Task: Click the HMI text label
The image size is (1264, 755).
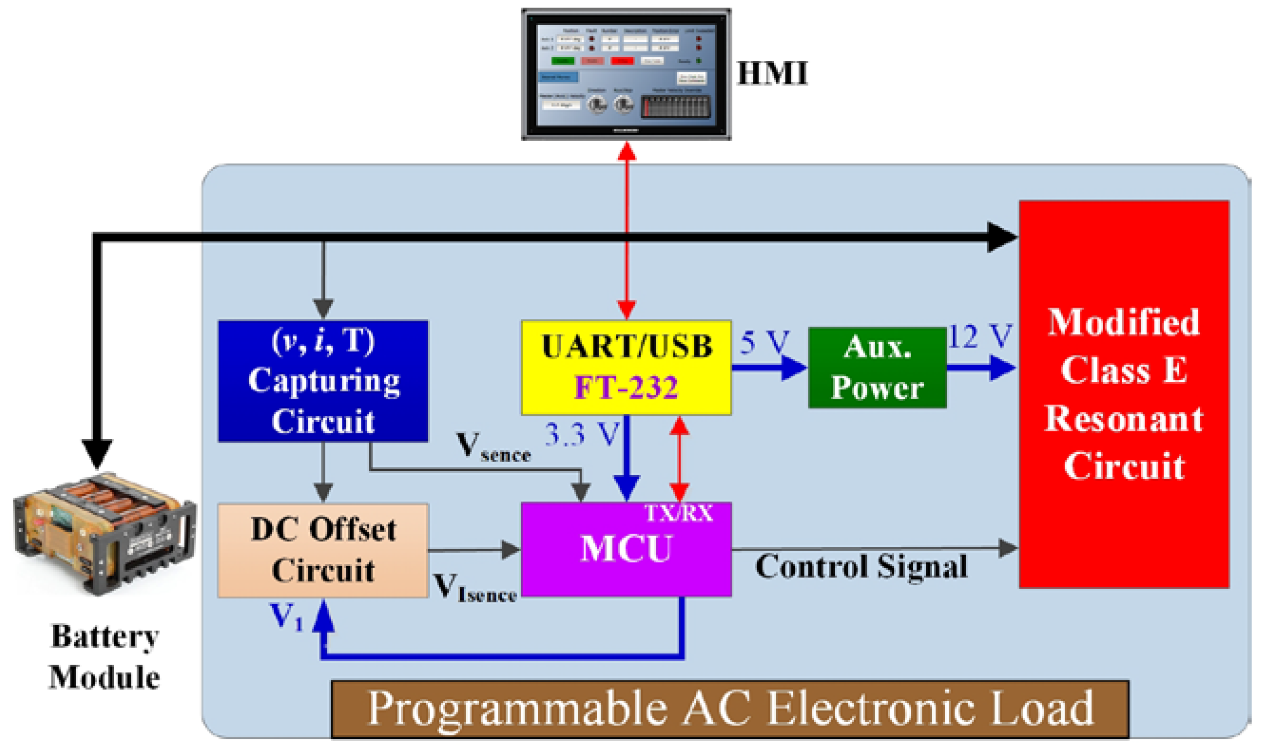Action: click(772, 73)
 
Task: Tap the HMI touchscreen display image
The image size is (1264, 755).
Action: click(626, 74)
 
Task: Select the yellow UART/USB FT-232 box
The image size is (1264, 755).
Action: click(626, 367)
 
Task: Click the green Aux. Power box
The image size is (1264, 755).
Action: click(877, 368)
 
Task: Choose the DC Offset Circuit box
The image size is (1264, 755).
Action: click(323, 550)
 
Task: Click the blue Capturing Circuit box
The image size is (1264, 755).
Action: click(323, 380)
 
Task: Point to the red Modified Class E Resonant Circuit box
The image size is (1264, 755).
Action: click(1124, 394)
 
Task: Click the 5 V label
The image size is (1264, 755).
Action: click(764, 342)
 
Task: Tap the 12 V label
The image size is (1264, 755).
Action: click(979, 336)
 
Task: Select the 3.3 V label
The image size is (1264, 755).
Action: click(582, 434)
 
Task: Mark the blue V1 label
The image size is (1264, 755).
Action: click(286, 617)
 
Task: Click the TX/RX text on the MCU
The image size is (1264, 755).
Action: click(678, 513)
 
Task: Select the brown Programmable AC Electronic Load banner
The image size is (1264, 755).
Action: click(730, 709)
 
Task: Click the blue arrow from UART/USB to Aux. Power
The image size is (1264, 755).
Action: click(769, 368)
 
